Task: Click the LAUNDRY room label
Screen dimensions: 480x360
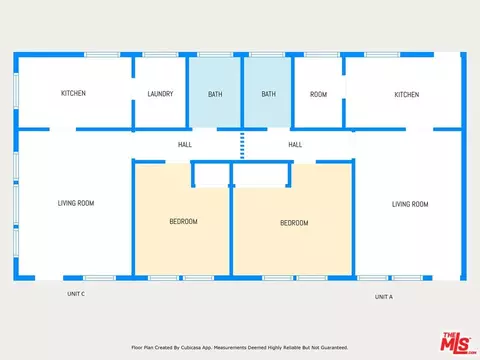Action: coord(160,94)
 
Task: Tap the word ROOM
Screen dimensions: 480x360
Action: coord(318,94)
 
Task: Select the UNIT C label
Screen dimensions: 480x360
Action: coord(76,294)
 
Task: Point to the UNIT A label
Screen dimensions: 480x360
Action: coord(384,297)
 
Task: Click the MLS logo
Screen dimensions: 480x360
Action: coord(458,342)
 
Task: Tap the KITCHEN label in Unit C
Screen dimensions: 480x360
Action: coord(73,93)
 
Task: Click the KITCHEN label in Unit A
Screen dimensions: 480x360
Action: coord(407,95)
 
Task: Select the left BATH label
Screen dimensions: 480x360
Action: coord(215,94)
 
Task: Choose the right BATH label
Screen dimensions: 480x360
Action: coord(268,94)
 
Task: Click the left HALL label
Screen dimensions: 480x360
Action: coord(185,144)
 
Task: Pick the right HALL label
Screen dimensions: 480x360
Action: coord(295,144)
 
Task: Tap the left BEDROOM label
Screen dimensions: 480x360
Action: coord(183,221)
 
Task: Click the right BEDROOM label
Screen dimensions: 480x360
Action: coord(294,223)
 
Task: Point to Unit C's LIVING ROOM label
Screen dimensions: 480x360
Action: coord(76,203)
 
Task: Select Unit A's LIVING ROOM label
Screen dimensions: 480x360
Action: coord(410,204)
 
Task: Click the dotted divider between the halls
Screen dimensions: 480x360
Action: coord(242,146)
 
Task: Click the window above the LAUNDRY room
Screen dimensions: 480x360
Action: coord(160,55)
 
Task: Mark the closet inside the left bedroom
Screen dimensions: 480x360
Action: coord(212,175)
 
